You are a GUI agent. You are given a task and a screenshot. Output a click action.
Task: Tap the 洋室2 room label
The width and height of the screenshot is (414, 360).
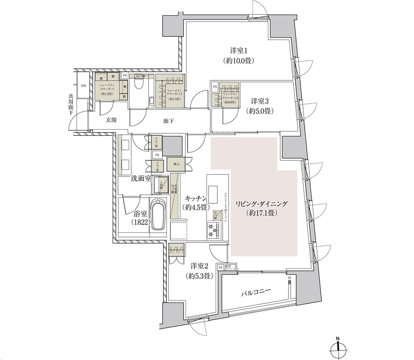(197, 266)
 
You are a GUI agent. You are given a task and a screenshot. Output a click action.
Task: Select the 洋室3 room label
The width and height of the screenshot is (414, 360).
(260, 101)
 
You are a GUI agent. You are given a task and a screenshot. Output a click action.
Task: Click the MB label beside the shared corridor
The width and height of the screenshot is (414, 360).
(83, 86)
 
